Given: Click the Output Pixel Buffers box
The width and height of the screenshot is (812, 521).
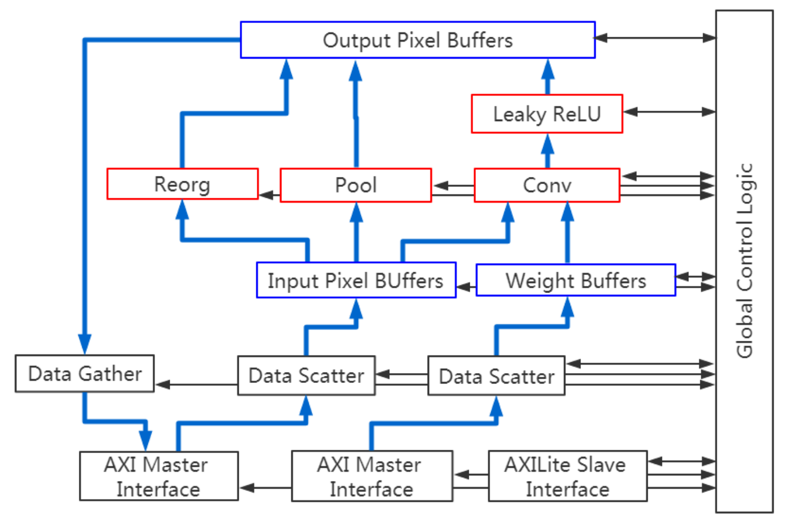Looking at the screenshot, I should (x=417, y=40).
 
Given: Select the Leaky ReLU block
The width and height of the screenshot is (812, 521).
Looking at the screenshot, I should (x=546, y=114).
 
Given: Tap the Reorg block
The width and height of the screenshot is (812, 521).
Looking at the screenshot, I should (x=182, y=184).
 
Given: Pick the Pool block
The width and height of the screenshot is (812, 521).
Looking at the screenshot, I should (x=355, y=185).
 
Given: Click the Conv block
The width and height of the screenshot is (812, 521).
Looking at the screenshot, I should (x=546, y=185).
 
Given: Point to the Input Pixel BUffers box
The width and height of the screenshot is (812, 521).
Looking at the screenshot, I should (x=355, y=280).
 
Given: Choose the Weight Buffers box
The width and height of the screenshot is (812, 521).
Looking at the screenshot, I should (x=575, y=280).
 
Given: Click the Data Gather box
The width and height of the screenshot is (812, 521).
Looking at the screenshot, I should (x=84, y=374).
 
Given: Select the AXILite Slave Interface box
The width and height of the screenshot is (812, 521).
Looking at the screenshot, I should (x=567, y=476).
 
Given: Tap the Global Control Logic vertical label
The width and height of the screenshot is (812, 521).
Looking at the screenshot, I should (x=745, y=261).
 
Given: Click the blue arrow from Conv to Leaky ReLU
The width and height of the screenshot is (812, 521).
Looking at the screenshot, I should (x=547, y=151).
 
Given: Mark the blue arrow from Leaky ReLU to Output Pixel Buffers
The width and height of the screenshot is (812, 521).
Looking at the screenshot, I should (x=548, y=76).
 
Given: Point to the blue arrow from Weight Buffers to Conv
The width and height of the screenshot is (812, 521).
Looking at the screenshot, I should (x=567, y=233).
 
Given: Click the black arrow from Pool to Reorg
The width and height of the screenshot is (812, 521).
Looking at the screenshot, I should (x=269, y=195).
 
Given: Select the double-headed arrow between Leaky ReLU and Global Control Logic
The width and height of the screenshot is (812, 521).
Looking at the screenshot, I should (x=669, y=112).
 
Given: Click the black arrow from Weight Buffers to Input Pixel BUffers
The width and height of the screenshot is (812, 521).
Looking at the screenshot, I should (x=466, y=287).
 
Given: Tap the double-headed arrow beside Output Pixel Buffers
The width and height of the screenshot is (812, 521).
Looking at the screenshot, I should (x=655, y=38).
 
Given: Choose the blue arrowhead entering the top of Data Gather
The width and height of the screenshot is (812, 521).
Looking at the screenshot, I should (x=84, y=343).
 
